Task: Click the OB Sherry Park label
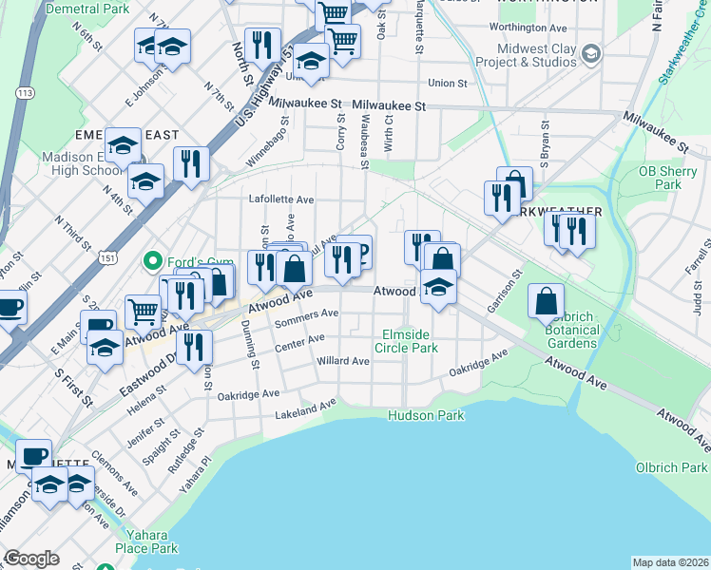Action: pyautogui.click(x=661, y=178)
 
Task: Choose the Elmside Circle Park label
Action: pyautogui.click(x=410, y=341)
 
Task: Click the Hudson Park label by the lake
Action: pyautogui.click(x=425, y=415)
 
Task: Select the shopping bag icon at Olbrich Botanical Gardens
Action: pyautogui.click(x=547, y=302)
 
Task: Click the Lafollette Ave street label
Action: pyautogui.click(x=281, y=200)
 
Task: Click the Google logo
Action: pyautogui.click(x=31, y=559)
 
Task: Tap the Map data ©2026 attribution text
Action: pyautogui.click(x=670, y=562)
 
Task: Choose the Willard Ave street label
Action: pyautogui.click(x=343, y=362)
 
